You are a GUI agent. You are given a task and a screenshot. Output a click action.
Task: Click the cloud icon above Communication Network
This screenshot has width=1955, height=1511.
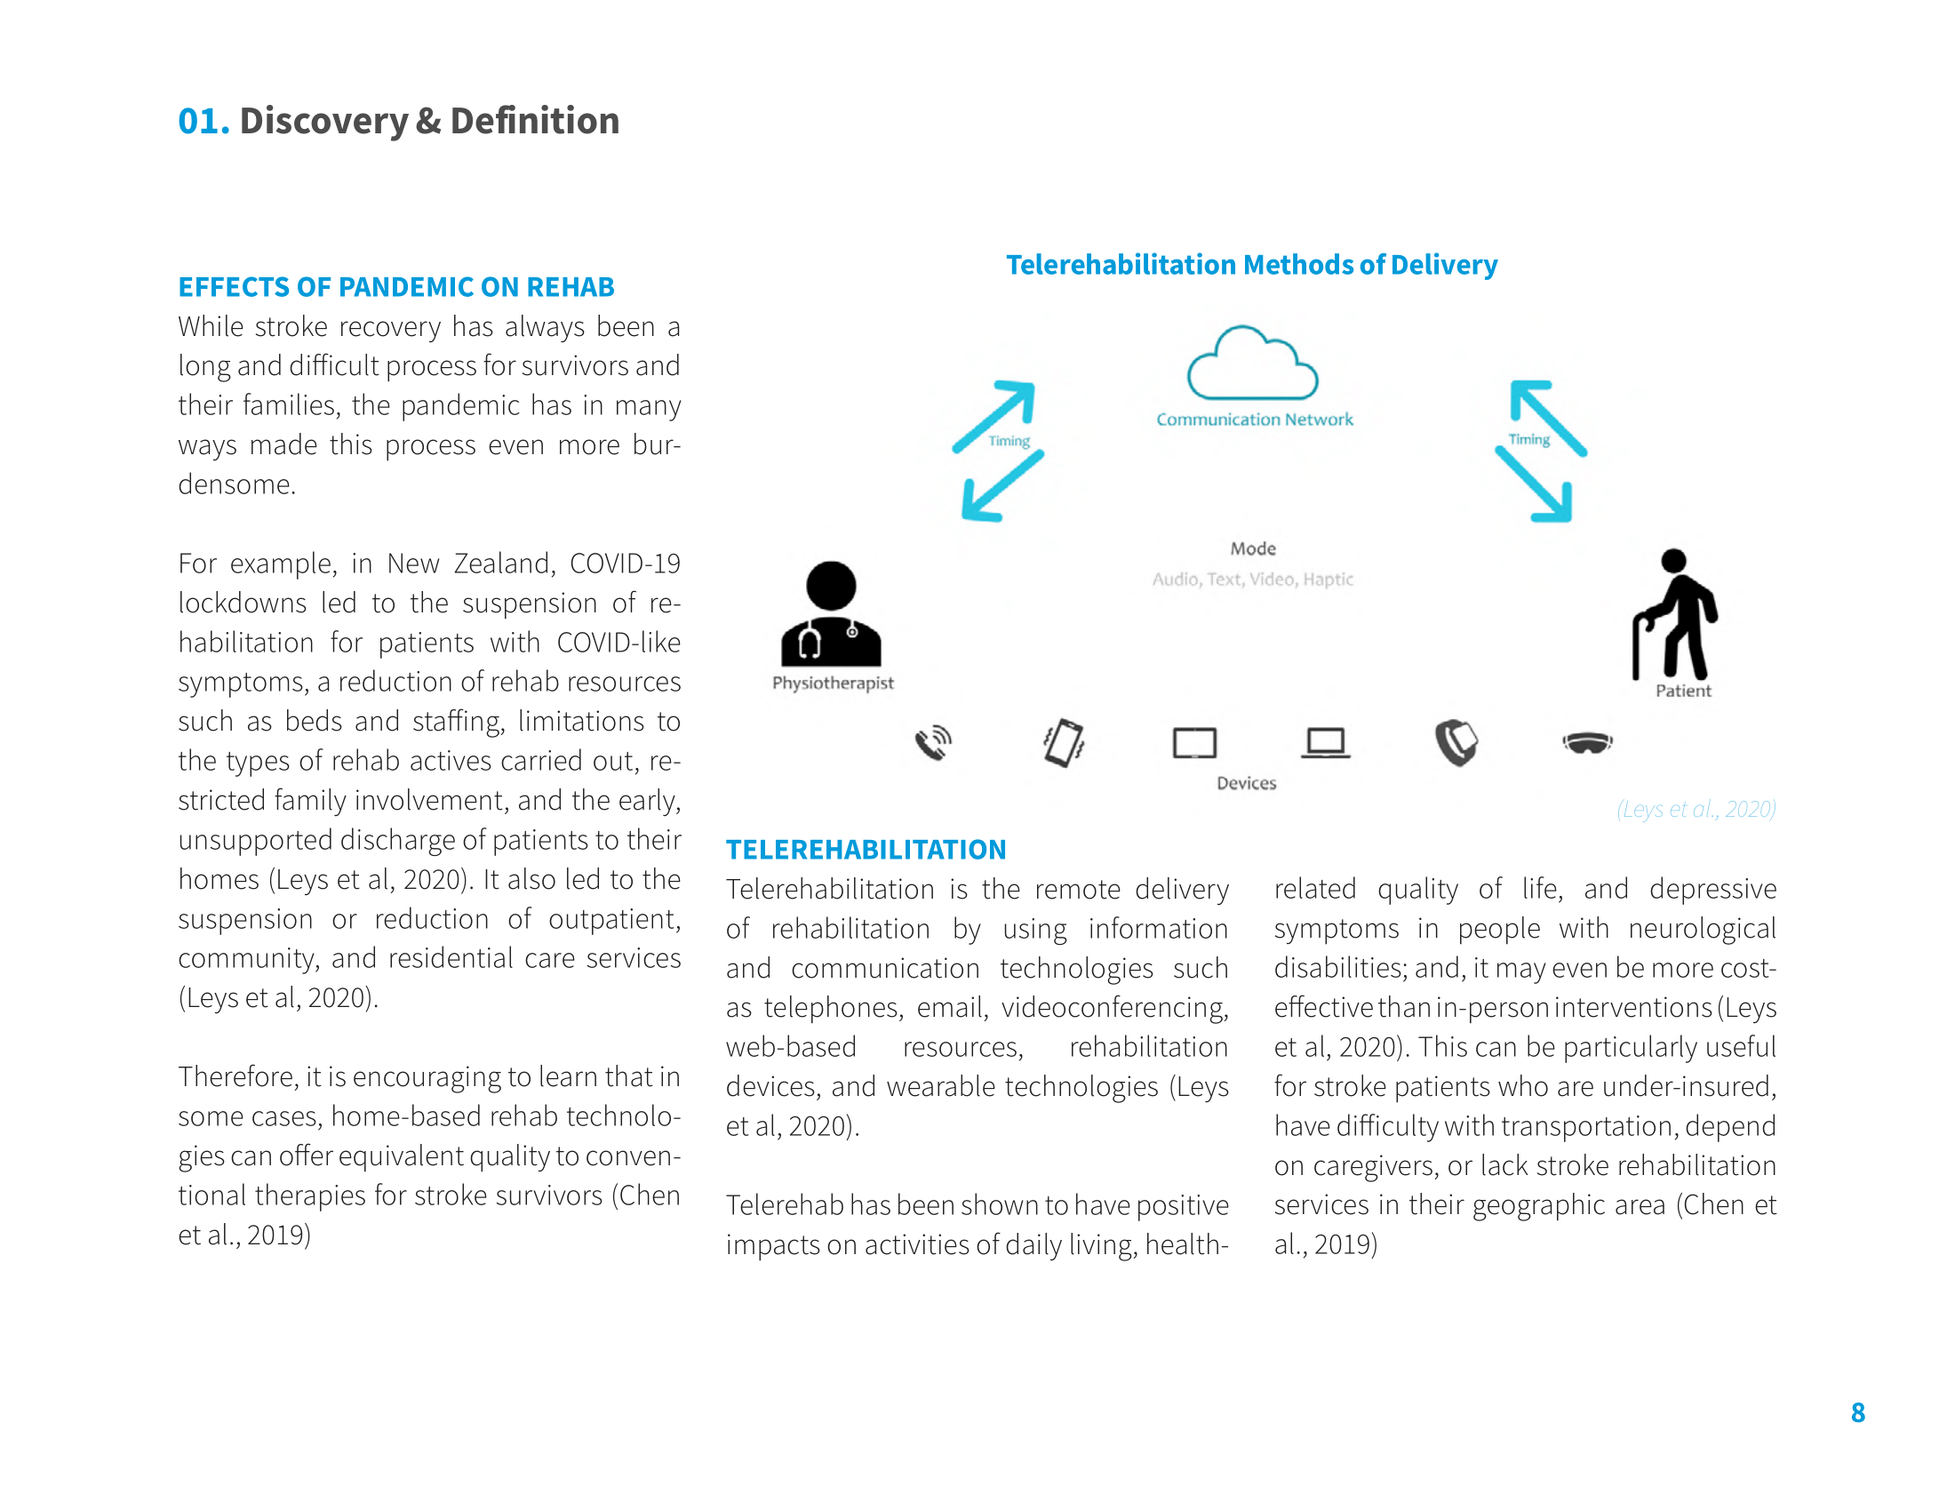tap(1251, 364)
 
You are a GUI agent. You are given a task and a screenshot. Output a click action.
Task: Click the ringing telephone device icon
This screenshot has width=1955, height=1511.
tap(933, 743)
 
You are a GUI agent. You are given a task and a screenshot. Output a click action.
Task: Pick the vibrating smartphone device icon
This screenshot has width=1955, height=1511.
tap(1064, 743)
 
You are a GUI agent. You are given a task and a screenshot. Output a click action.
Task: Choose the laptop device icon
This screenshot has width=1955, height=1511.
tap(1325, 743)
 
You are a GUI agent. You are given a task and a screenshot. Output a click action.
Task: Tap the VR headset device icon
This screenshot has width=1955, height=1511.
tap(1587, 743)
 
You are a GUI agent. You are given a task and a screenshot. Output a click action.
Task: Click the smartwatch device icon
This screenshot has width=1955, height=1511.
tap(1456, 743)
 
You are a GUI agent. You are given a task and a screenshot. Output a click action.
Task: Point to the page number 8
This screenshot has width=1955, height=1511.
tap(1857, 1412)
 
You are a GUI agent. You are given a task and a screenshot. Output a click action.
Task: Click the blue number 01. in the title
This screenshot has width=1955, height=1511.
tap(203, 122)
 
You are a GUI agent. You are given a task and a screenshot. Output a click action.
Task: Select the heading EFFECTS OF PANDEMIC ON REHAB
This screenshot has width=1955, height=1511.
tap(395, 287)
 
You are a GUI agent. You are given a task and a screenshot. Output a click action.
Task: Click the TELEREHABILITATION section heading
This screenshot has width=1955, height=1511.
tap(866, 850)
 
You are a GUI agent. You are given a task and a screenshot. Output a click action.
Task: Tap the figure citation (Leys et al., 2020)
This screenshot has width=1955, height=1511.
tap(1696, 809)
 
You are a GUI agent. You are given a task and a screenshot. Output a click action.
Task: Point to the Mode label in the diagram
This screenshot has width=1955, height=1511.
tap(1252, 548)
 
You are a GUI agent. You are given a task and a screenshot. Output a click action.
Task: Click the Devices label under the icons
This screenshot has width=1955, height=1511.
tap(1246, 783)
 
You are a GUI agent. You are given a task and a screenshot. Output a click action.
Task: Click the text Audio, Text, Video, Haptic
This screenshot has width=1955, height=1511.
tap(1252, 580)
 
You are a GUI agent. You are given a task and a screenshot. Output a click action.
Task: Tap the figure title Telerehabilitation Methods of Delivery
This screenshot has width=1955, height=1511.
tap(1251, 265)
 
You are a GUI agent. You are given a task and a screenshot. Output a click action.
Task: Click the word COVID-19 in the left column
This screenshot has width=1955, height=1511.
tap(625, 564)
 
